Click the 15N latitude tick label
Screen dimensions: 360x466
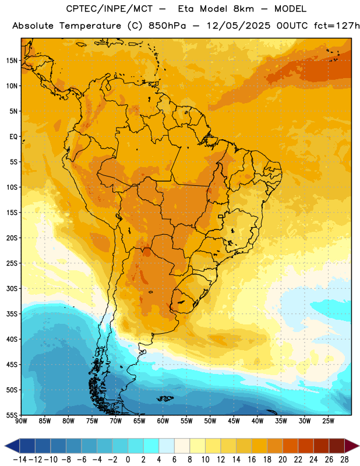pos(12,61)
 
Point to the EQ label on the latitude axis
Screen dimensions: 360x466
pos(13,137)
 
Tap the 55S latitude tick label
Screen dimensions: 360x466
pos(12,415)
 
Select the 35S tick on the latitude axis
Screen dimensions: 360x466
pos(12,314)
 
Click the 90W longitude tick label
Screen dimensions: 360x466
pos(21,421)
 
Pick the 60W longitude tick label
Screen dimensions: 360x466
pos(163,421)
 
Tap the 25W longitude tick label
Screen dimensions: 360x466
pos(328,421)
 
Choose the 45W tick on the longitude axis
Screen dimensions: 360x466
pos(234,421)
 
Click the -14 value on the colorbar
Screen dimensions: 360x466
pos(20,460)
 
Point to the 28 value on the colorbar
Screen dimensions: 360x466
pos(344,460)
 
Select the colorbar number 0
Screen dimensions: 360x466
pos(128,460)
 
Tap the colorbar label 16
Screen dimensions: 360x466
pos(252,460)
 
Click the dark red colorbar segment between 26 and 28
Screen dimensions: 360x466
pos(337,446)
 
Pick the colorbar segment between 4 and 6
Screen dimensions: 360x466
pos(167,446)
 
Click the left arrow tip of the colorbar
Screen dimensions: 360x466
pos(5,446)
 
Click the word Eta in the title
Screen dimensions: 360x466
pos(186,9)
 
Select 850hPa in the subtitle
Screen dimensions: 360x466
pos(167,26)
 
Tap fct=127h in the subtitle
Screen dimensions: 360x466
pos(337,26)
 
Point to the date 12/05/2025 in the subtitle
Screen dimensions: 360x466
pos(238,26)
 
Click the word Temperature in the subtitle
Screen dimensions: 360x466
pos(90,26)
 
